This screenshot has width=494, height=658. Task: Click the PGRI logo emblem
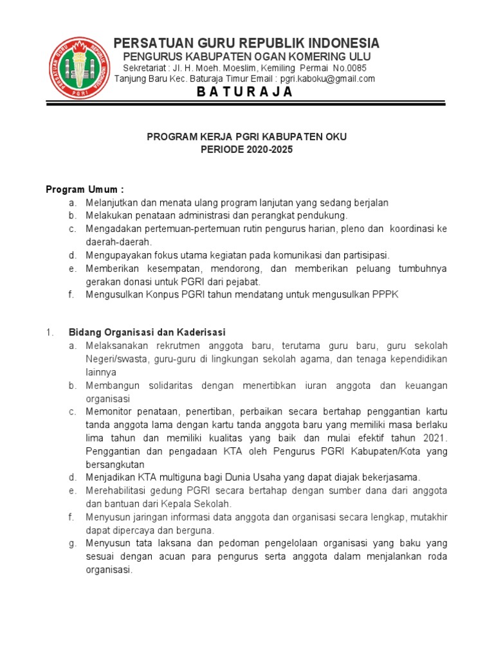click(80, 67)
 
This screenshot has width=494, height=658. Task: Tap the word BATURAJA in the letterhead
click(244, 92)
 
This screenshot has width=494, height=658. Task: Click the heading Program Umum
click(84, 190)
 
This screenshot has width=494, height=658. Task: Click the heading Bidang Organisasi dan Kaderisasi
click(147, 332)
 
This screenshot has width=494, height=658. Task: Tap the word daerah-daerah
click(118, 242)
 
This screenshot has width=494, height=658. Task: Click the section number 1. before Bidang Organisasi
click(50, 332)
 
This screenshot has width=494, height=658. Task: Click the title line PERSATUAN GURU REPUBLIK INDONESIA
click(246, 43)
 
